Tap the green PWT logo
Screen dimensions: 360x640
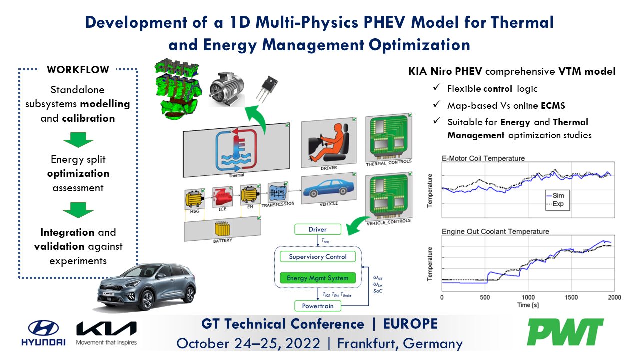tap(565, 332)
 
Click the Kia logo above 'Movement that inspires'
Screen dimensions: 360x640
tap(106, 329)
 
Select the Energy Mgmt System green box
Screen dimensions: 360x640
tap(318, 277)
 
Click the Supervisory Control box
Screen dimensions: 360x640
tap(318, 257)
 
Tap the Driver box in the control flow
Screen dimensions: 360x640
tap(318, 229)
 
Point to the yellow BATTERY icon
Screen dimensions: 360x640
tap(223, 230)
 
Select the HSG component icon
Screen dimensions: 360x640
tap(194, 198)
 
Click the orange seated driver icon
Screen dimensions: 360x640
tap(327, 142)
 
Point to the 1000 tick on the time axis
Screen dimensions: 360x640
tap(528, 297)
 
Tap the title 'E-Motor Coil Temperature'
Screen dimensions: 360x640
tap(483, 158)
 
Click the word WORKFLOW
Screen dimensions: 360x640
tap(78, 70)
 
